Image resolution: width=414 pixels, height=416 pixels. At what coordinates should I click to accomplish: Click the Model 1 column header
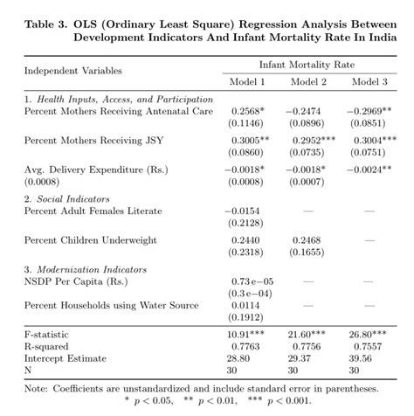point(248,81)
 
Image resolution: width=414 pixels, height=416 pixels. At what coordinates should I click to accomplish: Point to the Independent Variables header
point(72,70)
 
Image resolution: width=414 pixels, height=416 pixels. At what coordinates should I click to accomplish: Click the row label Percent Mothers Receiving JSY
point(93,140)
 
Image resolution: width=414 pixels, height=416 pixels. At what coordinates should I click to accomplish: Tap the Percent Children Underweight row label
point(90,239)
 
